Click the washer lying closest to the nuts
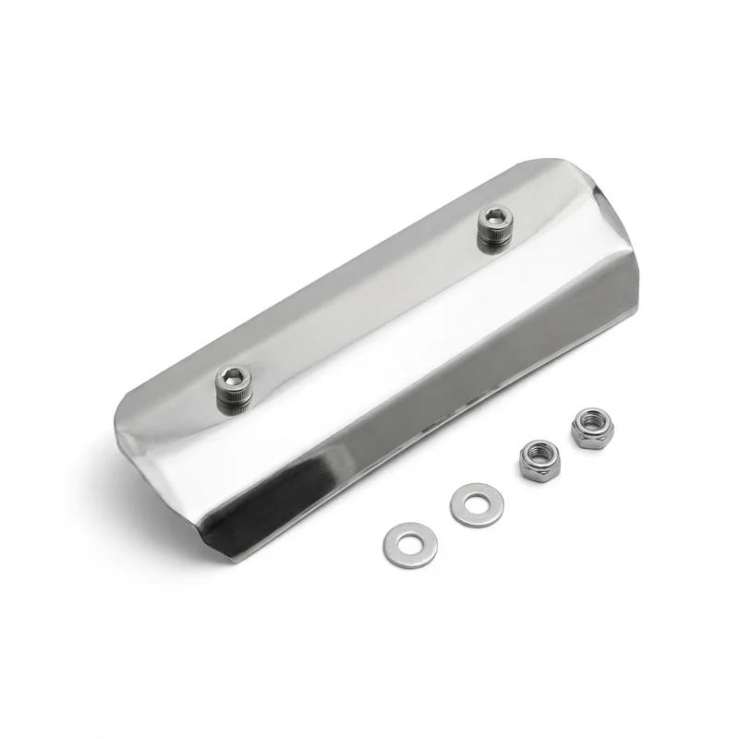477,504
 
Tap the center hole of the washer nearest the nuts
477,504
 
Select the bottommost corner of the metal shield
242,561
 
